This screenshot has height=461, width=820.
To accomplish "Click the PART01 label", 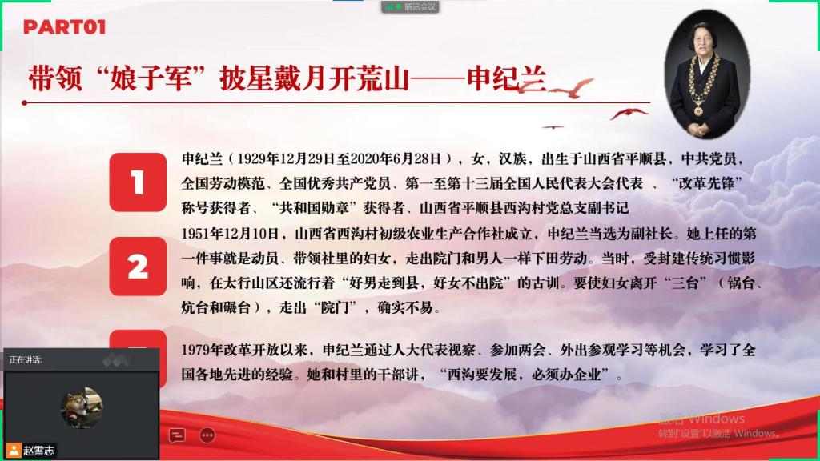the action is pyautogui.click(x=64, y=26).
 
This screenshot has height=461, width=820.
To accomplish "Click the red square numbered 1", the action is pyautogui.click(x=138, y=182).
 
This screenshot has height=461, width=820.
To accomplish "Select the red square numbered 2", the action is pyautogui.click(x=138, y=266).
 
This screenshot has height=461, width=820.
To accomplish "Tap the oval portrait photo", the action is pyautogui.click(x=706, y=74).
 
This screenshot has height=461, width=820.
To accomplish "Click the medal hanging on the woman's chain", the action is pyautogui.click(x=698, y=110).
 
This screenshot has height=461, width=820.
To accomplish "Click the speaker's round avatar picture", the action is pyautogui.click(x=82, y=407).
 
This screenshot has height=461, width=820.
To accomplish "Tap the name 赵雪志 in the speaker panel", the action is pyautogui.click(x=38, y=451).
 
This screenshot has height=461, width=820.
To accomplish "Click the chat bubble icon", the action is pyautogui.click(x=177, y=435).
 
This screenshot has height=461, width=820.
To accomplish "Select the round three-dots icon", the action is pyautogui.click(x=207, y=435).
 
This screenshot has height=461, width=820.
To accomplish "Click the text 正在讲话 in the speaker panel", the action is pyautogui.click(x=26, y=359).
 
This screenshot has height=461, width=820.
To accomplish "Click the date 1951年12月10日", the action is pyautogui.click(x=230, y=234).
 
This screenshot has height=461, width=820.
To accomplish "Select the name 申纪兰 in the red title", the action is pyautogui.click(x=506, y=78).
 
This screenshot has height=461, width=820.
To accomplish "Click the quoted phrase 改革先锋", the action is pyautogui.click(x=706, y=183).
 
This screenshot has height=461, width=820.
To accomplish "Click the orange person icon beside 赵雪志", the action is pyautogui.click(x=14, y=450).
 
